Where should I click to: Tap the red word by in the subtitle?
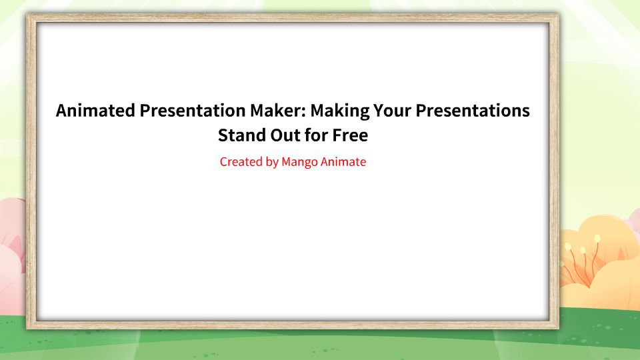point(271,162)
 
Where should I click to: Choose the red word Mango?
point(300,162)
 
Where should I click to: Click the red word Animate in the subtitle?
point(344,161)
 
